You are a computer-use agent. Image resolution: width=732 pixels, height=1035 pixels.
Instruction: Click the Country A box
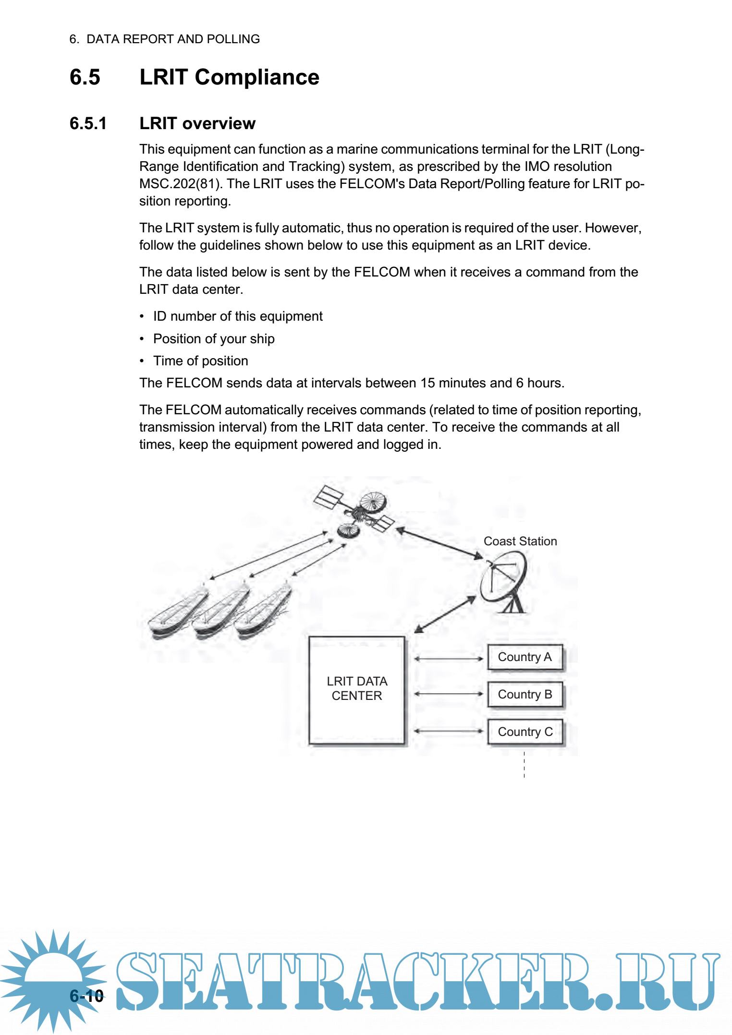(x=525, y=657)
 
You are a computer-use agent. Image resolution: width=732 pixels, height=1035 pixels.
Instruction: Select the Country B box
(x=525, y=695)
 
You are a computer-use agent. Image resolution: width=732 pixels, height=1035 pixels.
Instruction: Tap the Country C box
(x=525, y=732)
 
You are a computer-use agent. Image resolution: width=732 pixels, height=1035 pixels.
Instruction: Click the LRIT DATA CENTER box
(x=357, y=689)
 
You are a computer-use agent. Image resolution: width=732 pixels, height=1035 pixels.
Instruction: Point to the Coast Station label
(x=520, y=541)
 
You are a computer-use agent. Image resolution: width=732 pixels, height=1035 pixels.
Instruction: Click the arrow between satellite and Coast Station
(x=439, y=543)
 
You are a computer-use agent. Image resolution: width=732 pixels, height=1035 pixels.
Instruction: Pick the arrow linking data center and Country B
(x=449, y=694)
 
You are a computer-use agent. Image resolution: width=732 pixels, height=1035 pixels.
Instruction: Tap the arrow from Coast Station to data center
(x=445, y=614)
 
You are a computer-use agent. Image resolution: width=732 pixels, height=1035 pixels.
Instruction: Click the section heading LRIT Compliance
(x=229, y=77)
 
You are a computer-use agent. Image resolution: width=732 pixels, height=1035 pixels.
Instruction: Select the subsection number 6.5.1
(x=88, y=123)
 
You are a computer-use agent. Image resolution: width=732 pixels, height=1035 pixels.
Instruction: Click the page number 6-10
(x=87, y=996)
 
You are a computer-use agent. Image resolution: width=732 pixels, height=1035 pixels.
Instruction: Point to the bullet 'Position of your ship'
(x=214, y=339)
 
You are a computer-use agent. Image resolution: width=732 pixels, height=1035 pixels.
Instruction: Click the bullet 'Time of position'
(x=200, y=361)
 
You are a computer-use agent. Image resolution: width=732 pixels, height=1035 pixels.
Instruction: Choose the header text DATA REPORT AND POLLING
(x=173, y=39)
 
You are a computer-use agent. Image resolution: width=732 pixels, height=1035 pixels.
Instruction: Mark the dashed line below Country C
(x=524, y=765)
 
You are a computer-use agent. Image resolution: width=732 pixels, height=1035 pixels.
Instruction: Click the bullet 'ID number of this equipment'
(x=238, y=316)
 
